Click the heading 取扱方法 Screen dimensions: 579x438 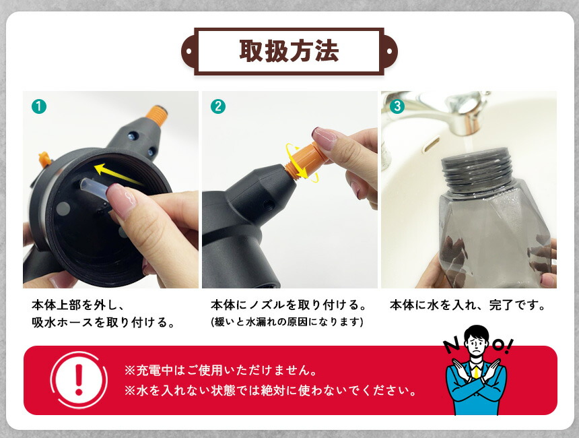(x=289, y=51)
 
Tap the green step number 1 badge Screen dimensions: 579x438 (x=39, y=106)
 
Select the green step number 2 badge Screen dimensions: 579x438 (x=218, y=106)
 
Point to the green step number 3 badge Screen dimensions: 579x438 (x=397, y=106)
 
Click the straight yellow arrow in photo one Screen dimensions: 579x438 (x=118, y=174)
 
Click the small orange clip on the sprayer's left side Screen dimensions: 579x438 (x=44, y=160)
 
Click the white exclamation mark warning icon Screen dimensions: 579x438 (x=79, y=379)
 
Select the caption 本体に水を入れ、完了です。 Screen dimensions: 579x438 (x=468, y=305)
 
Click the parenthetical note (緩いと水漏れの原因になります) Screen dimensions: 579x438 (x=287, y=321)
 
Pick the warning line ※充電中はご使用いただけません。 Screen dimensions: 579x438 (x=221, y=370)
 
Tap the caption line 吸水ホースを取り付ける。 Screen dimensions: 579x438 (x=104, y=322)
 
